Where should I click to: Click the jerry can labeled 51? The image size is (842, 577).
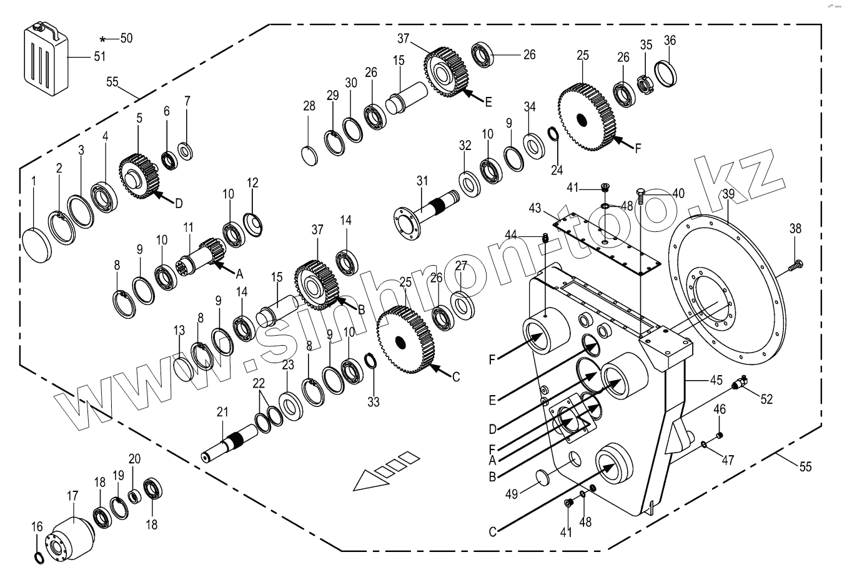click(44, 60)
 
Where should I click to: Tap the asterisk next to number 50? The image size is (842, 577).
click(103, 39)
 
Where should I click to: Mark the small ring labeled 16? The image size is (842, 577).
click(39, 557)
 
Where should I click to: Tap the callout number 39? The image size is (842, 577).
click(728, 194)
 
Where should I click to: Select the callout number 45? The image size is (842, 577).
click(716, 379)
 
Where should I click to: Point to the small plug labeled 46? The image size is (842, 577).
click(719, 434)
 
